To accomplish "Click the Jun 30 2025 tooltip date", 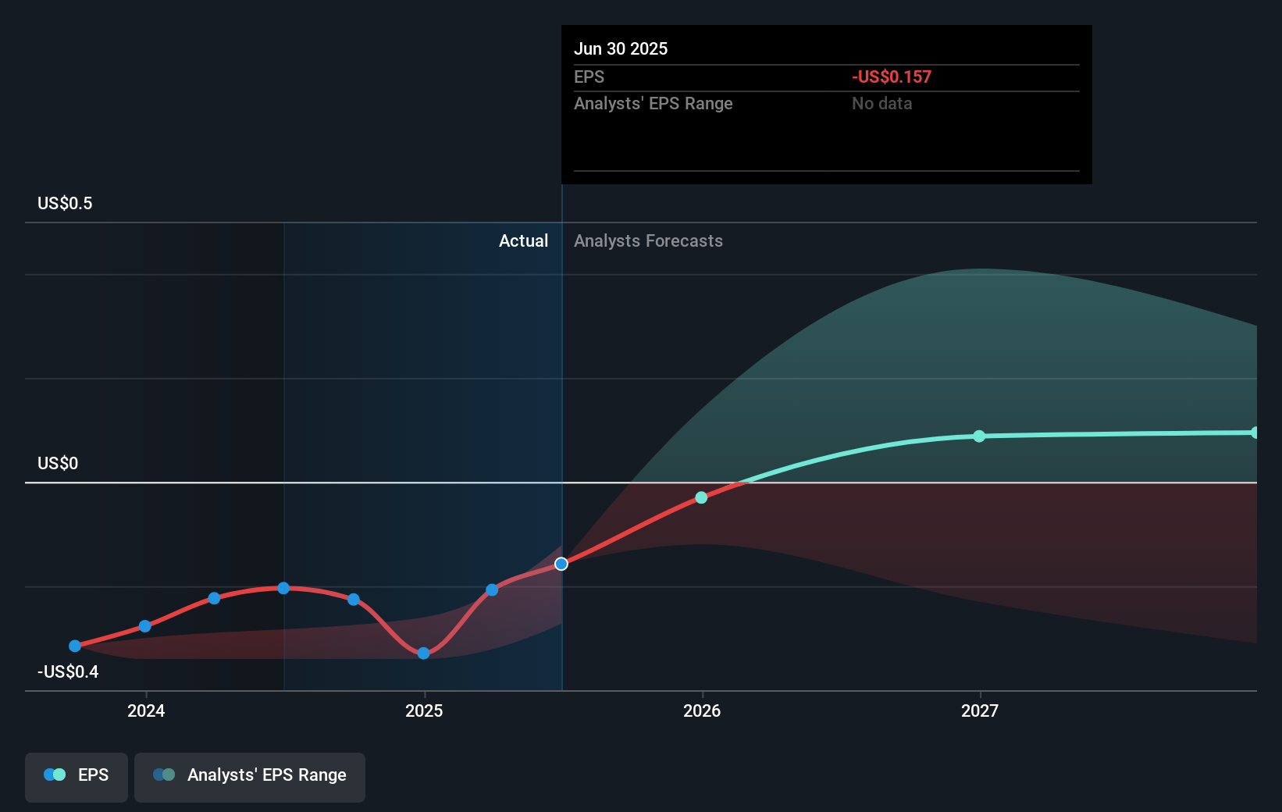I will (621, 48).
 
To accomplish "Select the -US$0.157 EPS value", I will (891, 77).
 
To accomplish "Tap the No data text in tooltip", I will (881, 103).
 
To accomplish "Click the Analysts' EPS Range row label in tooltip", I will (653, 103).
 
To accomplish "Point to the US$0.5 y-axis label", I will (65, 203).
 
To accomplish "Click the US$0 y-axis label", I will (58, 463).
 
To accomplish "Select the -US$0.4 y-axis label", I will (68, 671).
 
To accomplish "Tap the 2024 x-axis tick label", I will (146, 710).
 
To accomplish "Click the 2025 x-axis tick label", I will (424, 710).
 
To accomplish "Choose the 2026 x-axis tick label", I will (702, 710).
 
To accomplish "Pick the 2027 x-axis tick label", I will (980, 710).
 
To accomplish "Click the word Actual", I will (523, 240).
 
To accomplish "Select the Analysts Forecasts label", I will (648, 240).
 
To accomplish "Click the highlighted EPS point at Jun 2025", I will (561, 564).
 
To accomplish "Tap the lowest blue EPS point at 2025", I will (423, 653).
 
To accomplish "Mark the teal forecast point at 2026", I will (701, 497).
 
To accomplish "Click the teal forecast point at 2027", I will (979, 436).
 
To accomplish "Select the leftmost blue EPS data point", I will (75, 646).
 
